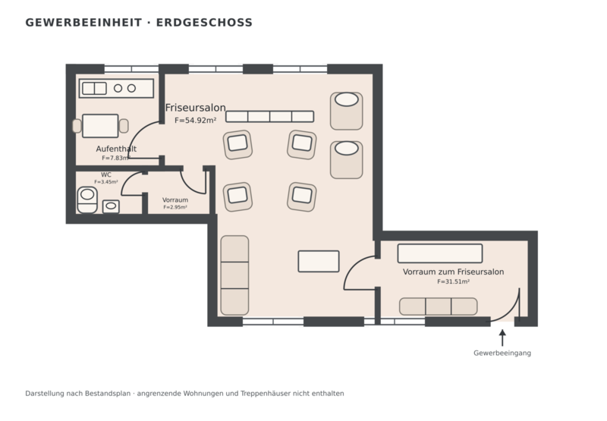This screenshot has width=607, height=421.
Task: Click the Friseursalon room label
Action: pos(196,108)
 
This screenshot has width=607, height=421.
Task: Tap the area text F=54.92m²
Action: pos(196,121)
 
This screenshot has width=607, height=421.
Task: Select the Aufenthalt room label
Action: pos(116,149)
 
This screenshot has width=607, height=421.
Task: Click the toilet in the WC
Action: pos(87,200)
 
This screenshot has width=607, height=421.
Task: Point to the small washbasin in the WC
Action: pos(111,206)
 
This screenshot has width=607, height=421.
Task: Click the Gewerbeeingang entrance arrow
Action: pos(502,338)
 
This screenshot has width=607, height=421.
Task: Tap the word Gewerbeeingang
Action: pos(502,353)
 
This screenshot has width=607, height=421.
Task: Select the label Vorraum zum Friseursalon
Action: pos(453,272)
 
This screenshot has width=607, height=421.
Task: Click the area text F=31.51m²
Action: pos(453,281)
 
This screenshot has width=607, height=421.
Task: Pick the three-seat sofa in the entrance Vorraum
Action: pos(439,306)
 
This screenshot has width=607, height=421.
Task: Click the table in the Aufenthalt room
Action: pos(100,126)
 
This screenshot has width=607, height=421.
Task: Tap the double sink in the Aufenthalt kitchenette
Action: pos(94,89)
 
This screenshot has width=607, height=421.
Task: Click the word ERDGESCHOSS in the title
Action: pos(204,23)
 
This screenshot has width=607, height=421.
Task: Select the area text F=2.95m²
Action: pos(175,207)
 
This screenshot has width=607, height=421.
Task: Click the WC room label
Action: pos(106,175)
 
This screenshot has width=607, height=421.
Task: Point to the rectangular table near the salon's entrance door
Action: pos(319,261)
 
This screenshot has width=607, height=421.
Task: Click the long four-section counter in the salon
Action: pos(270,117)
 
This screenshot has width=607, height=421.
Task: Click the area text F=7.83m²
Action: pos(115,158)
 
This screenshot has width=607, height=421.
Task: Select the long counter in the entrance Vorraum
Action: pos(440,253)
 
